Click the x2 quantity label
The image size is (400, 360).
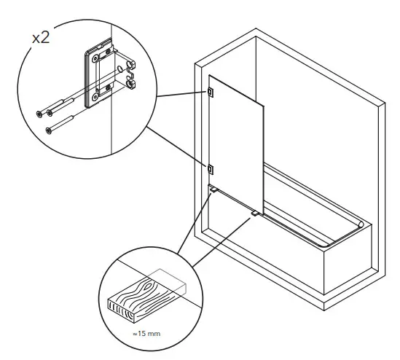[x=41, y=38]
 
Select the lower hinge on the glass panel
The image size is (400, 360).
[x=210, y=169]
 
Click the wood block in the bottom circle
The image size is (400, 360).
[x=146, y=294]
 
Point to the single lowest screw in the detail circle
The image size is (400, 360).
[x=49, y=130]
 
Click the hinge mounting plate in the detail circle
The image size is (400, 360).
[x=95, y=77]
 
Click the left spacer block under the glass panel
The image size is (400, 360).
[x=212, y=189]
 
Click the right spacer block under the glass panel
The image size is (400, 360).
[x=254, y=213]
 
